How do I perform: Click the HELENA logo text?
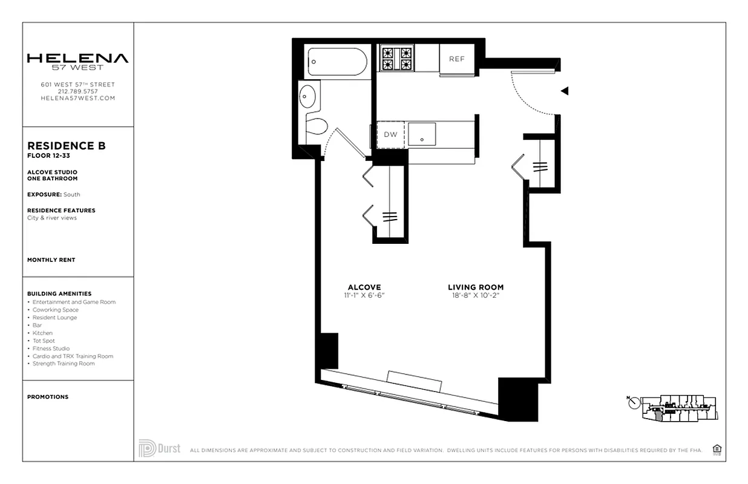click(x=77, y=59)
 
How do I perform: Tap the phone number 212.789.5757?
click(x=77, y=91)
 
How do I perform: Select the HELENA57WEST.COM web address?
click(x=77, y=98)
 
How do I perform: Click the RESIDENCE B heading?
click(x=67, y=146)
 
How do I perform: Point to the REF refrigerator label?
click(x=456, y=59)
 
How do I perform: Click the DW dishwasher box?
click(x=391, y=134)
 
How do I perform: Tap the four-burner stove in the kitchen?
click(x=396, y=59)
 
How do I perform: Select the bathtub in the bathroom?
click(x=337, y=62)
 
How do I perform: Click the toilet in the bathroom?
click(x=316, y=126)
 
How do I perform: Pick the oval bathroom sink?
click(x=308, y=96)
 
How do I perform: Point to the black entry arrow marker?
click(x=564, y=91)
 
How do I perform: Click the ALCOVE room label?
click(x=364, y=287)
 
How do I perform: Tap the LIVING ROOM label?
click(x=476, y=287)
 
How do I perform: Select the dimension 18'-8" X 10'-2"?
click(x=476, y=296)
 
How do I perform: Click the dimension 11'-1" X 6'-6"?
click(x=364, y=296)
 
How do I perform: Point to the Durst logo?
click(x=160, y=448)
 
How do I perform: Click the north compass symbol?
click(x=634, y=403)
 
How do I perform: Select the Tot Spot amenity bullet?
click(x=44, y=341)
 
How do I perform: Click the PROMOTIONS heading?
click(x=48, y=397)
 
